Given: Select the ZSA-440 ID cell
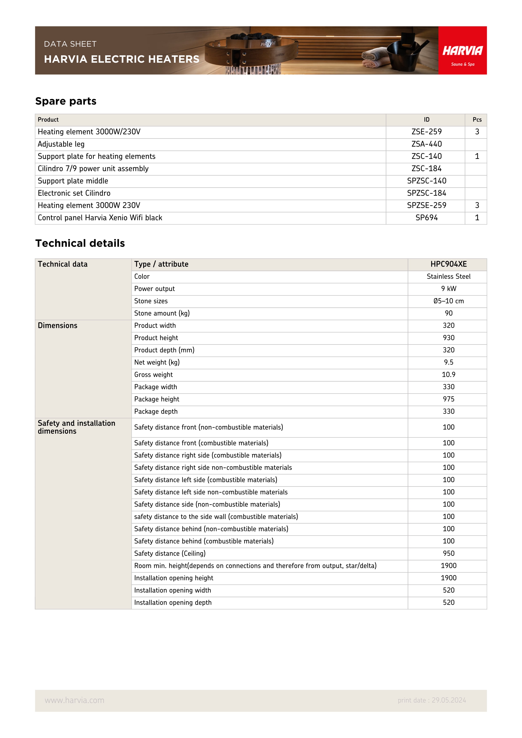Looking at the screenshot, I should coord(426,144).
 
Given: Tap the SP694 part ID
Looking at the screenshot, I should coord(426,218).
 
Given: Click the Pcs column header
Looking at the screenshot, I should coord(477,119).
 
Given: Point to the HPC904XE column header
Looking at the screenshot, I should coord(448,264).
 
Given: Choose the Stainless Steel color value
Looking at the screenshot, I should coord(448,276).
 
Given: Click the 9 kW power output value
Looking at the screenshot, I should coord(448,289).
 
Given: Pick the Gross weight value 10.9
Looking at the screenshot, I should coord(448,374).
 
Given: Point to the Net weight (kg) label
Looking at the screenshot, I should coord(157,362).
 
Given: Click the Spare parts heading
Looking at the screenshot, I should coord(66,101).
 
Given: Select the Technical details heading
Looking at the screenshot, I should coord(80,243).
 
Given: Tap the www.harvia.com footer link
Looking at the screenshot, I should coord(74,700).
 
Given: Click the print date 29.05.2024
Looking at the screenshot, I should coord(432,700).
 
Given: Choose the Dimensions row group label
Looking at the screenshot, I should coord(57,326).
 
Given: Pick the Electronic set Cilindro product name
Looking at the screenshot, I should coord(74,193).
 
